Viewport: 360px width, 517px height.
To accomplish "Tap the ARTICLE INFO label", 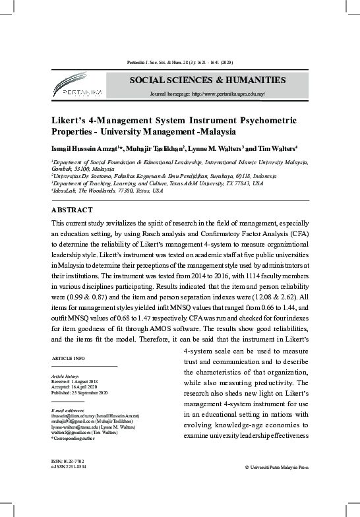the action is point(69,357).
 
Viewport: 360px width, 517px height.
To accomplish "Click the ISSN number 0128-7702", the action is point(69,460).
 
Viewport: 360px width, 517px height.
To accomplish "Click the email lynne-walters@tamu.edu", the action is point(72,427).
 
